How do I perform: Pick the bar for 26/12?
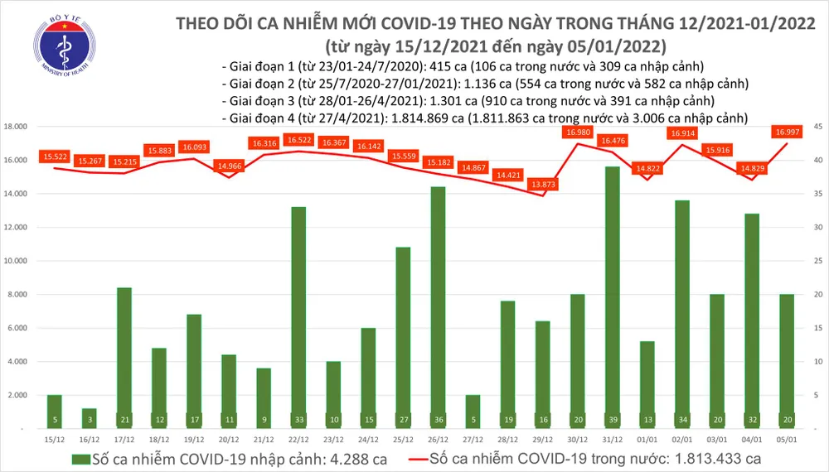click(437, 307)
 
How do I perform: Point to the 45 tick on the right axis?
click(816, 127)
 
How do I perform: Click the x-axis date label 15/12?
click(53, 438)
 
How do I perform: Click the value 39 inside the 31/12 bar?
click(612, 420)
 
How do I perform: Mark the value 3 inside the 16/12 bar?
click(88, 420)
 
